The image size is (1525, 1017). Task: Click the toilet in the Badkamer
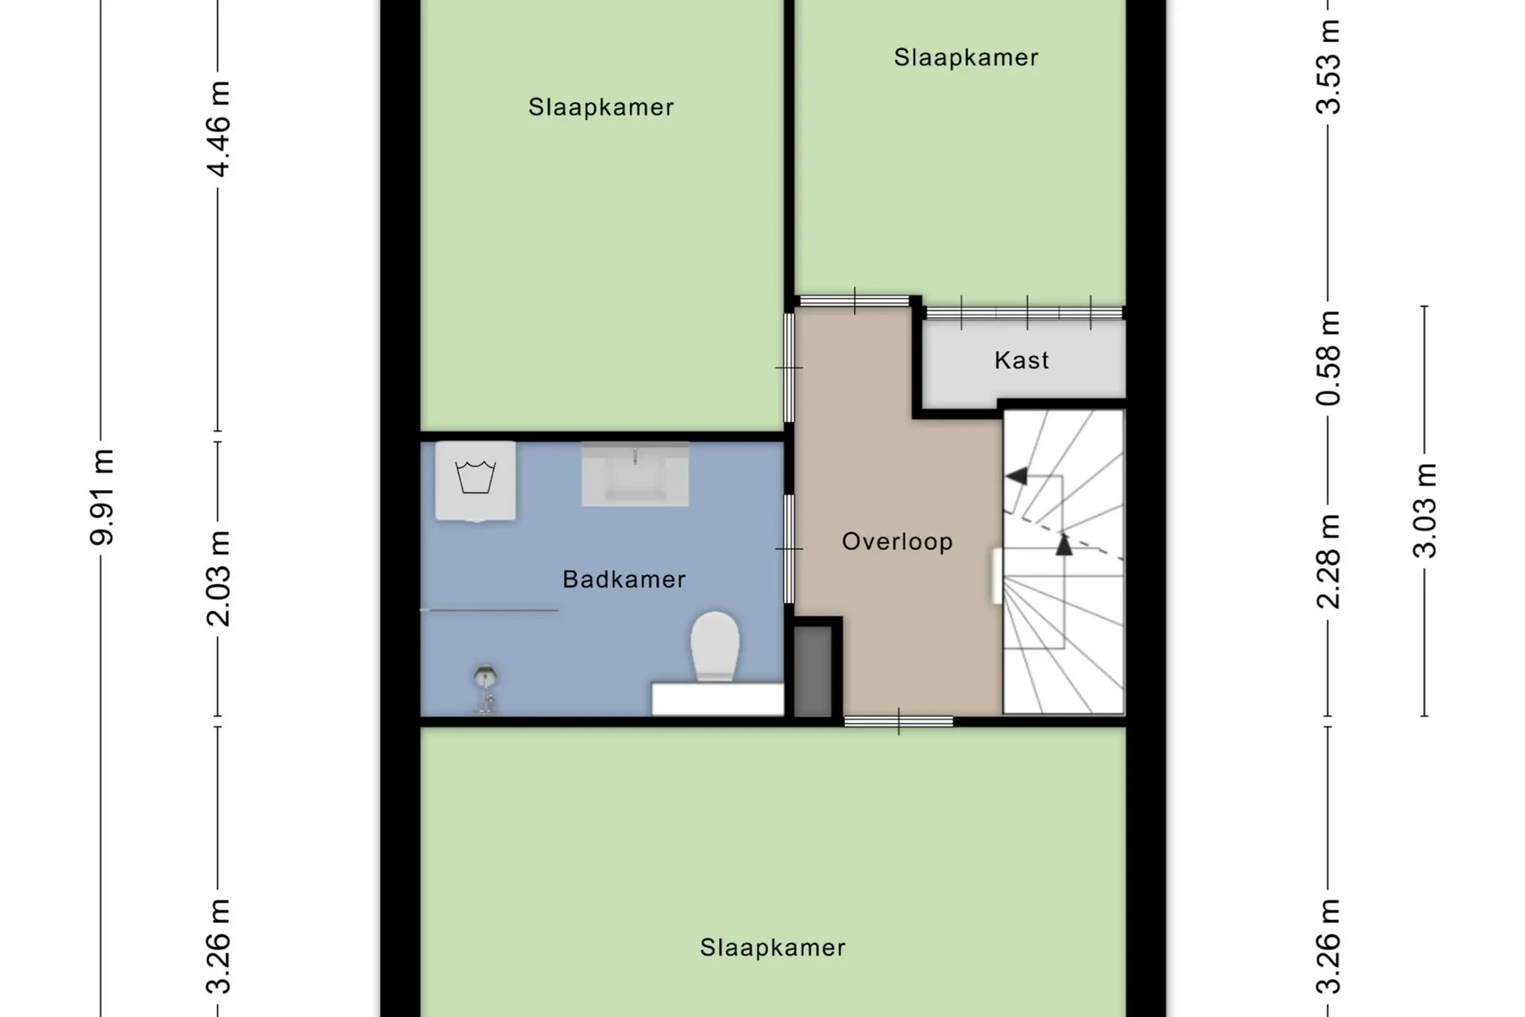715,646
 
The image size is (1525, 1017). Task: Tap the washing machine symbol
476,481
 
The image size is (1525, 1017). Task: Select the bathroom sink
635,474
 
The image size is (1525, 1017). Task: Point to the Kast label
1021,360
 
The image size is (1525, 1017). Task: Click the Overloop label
897,542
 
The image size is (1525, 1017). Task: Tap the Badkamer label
624,579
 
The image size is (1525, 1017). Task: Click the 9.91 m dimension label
103,497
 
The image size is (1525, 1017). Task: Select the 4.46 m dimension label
218,129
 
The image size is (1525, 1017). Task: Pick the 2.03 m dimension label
218,578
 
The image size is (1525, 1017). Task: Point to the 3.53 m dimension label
1328,67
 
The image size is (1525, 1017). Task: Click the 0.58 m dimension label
1328,358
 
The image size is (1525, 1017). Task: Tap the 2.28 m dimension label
1328,561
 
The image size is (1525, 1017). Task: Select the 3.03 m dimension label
1425,510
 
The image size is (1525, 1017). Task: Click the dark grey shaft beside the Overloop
813,671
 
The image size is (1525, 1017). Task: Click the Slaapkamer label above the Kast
966,57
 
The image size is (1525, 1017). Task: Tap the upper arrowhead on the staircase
1016,476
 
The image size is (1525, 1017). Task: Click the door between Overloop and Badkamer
790,548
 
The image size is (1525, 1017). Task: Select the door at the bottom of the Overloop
898,721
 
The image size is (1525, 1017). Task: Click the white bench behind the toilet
718,698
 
